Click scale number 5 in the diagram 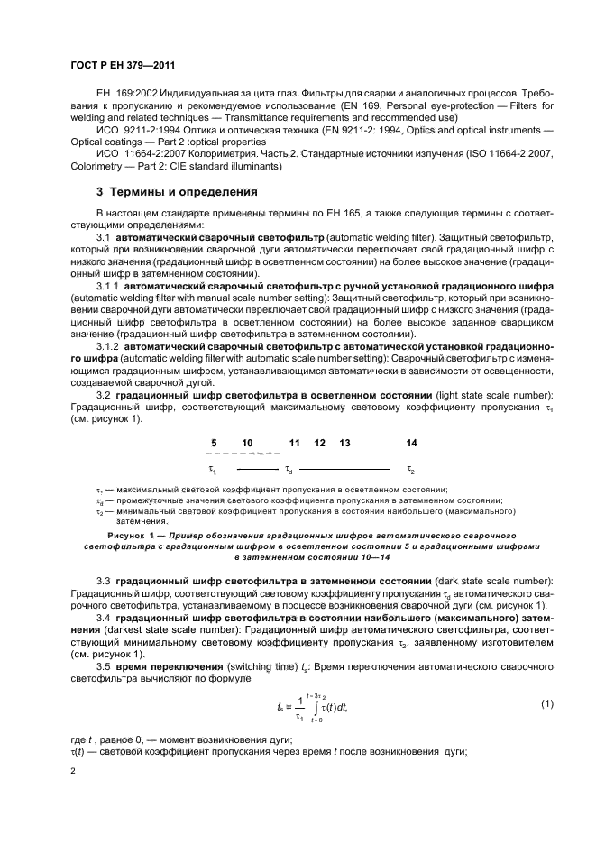(x=214, y=443)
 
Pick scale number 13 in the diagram (x=344, y=443)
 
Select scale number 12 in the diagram (x=319, y=443)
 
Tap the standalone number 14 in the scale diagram (x=411, y=443)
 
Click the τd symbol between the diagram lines (x=289, y=470)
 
